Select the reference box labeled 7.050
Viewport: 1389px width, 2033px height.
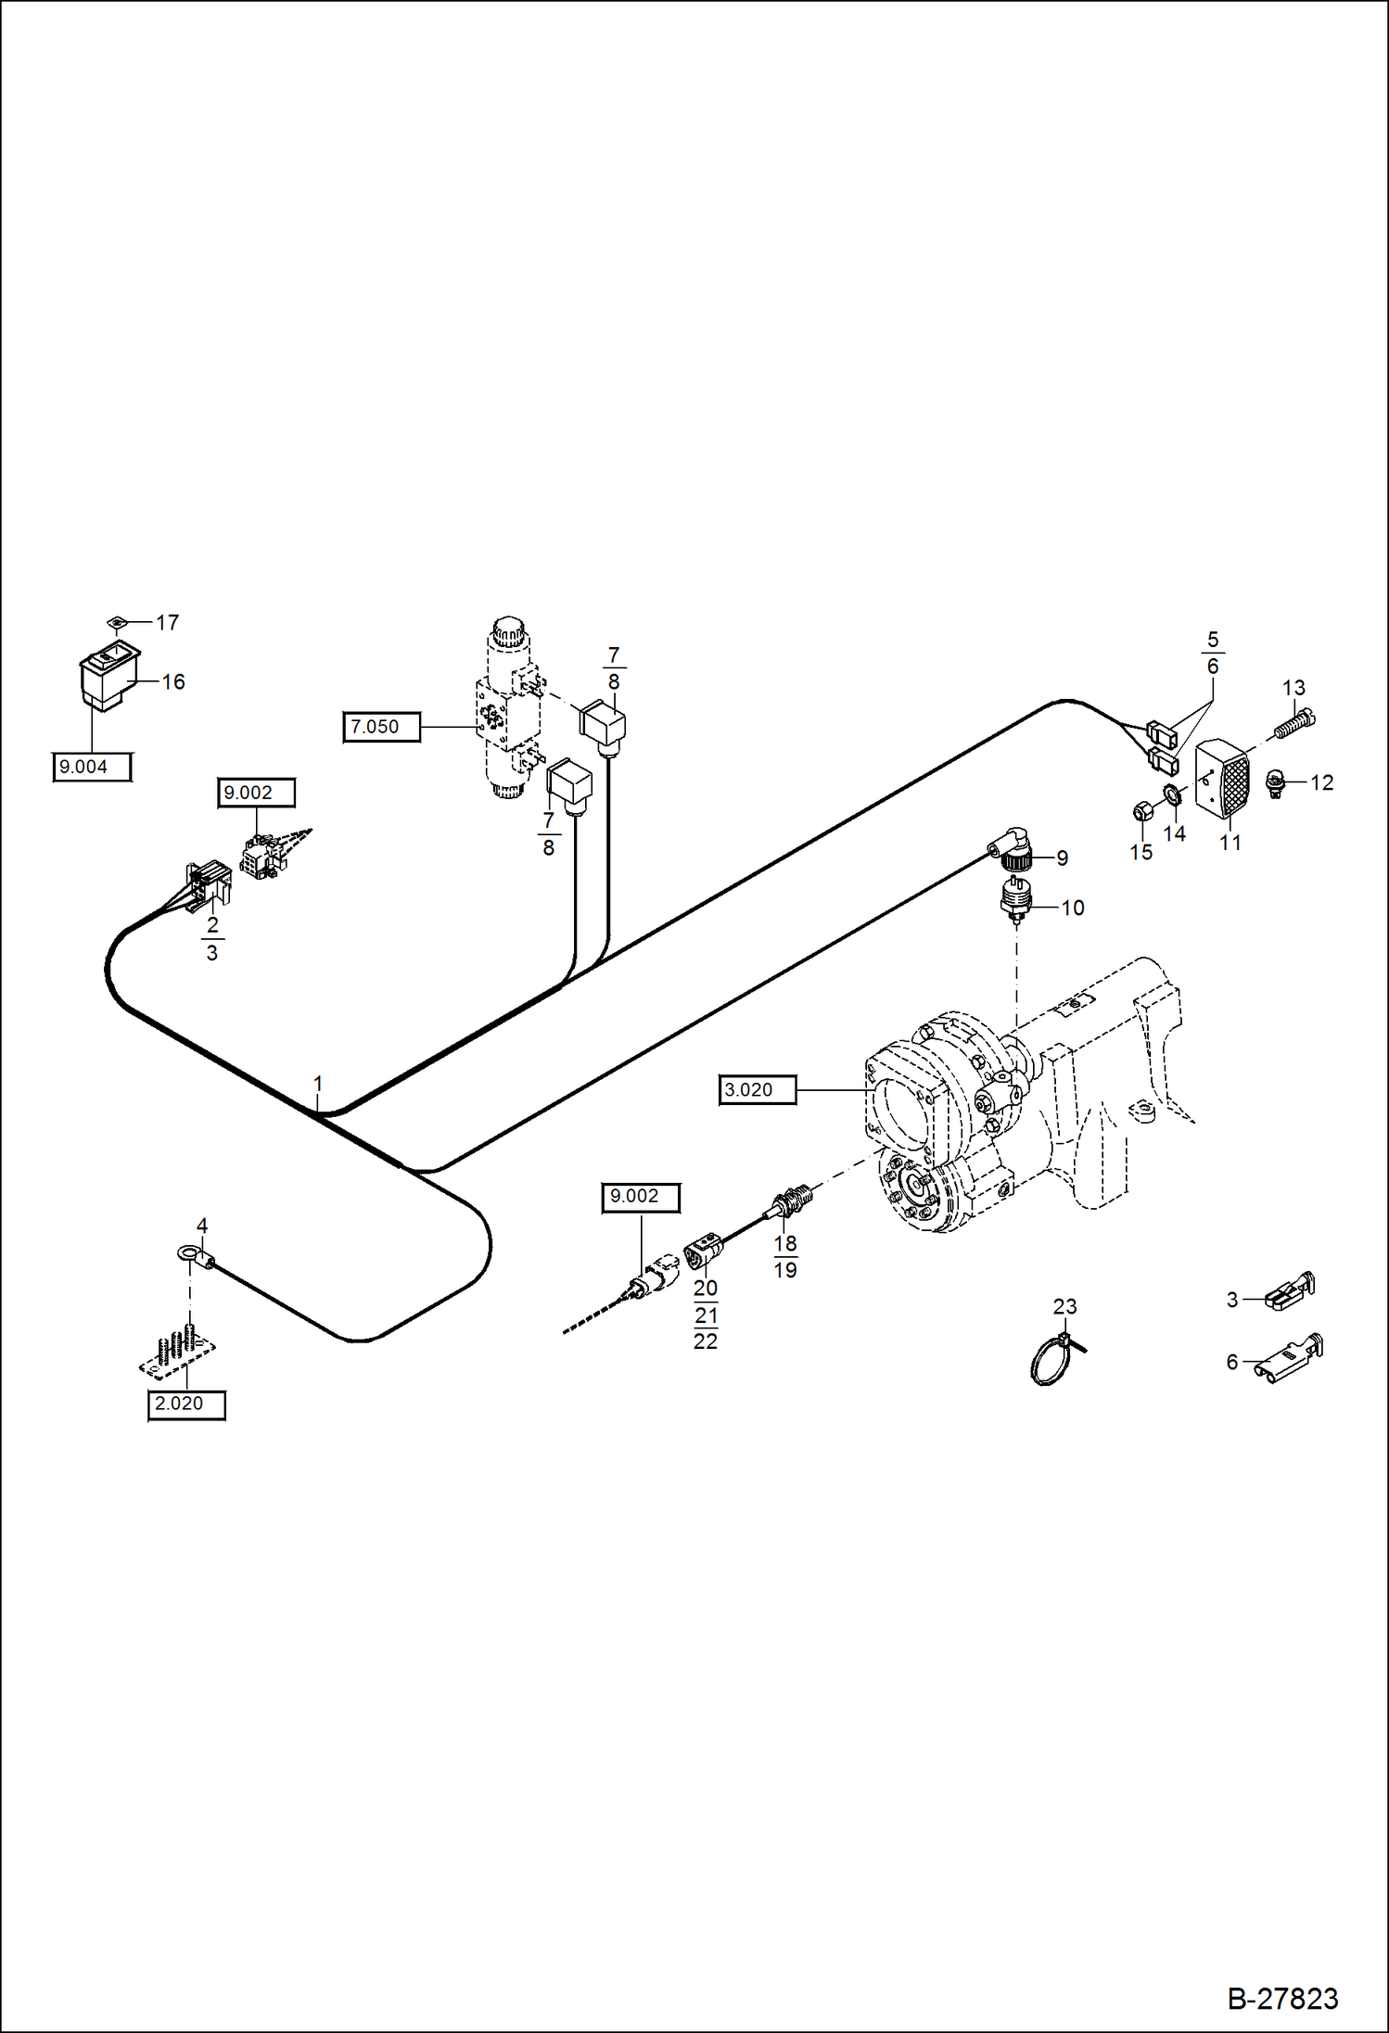point(381,727)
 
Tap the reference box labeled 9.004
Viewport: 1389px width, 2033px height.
point(91,767)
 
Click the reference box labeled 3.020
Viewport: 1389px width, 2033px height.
point(757,1089)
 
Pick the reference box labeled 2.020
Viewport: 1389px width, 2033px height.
point(186,1404)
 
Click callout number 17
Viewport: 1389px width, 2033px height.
point(167,622)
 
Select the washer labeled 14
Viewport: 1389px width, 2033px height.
point(1172,794)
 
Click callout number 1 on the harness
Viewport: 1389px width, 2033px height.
point(318,1084)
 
